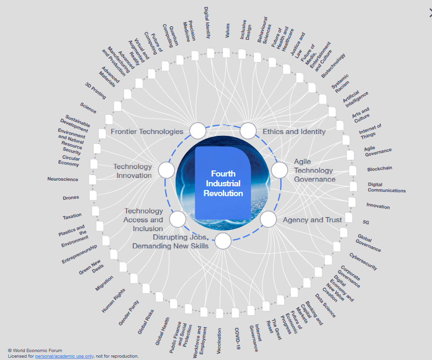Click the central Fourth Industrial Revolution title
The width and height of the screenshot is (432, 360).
[223, 184]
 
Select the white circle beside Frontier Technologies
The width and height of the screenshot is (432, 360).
[198, 131]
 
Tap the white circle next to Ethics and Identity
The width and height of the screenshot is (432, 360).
[248, 131]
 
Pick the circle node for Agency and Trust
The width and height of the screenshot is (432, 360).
[268, 219]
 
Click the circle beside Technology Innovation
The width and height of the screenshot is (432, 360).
[166, 170]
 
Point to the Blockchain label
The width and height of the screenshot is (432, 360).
[380, 169]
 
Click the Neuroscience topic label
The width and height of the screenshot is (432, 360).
[63, 179]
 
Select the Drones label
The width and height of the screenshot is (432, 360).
[71, 198]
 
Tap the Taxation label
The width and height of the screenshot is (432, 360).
[72, 216]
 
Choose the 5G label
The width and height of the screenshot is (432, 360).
[366, 222]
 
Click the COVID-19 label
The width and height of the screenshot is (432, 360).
[237, 338]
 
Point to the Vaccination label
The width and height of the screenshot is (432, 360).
[219, 341]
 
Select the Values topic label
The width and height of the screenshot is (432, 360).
[227, 30]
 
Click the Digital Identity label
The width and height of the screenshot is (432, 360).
[207, 22]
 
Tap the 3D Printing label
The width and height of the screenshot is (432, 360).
[96, 91]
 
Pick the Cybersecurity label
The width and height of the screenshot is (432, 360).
[363, 261]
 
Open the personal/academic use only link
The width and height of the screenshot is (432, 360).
[64, 356]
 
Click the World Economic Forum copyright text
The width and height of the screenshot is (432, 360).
[35, 350]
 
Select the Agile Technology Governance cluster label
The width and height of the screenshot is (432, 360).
[315, 170]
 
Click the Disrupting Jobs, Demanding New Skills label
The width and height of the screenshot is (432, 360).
[170, 241]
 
